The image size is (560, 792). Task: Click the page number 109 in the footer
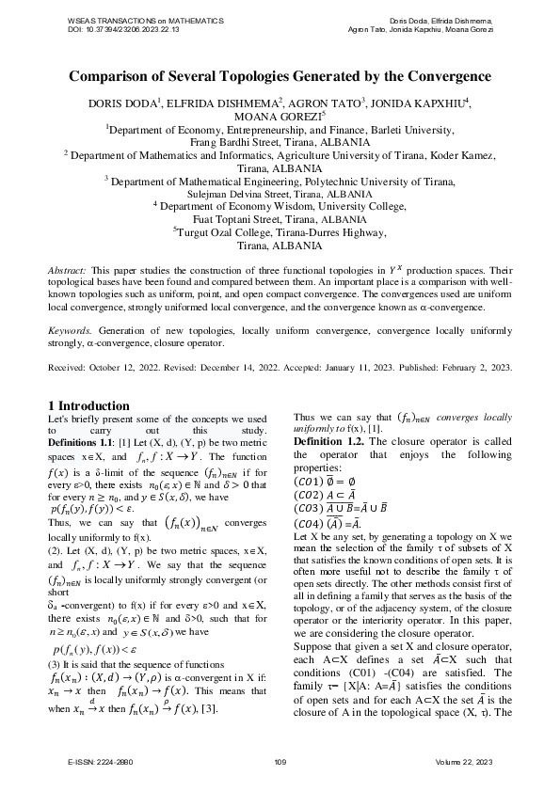click(x=280, y=761)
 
